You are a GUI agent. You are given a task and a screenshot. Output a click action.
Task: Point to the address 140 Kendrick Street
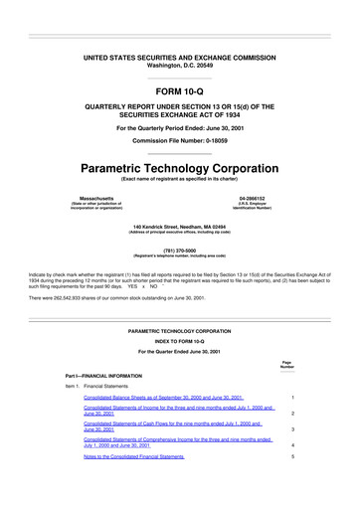pyautogui.click(x=179, y=228)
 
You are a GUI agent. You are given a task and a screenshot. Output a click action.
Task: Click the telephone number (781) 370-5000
pyautogui.click(x=179, y=251)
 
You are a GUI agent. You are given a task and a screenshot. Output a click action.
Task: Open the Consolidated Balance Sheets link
pyautogui.click(x=163, y=397)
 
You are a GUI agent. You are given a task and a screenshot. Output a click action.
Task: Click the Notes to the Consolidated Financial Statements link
pyautogui.click(x=134, y=456)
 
